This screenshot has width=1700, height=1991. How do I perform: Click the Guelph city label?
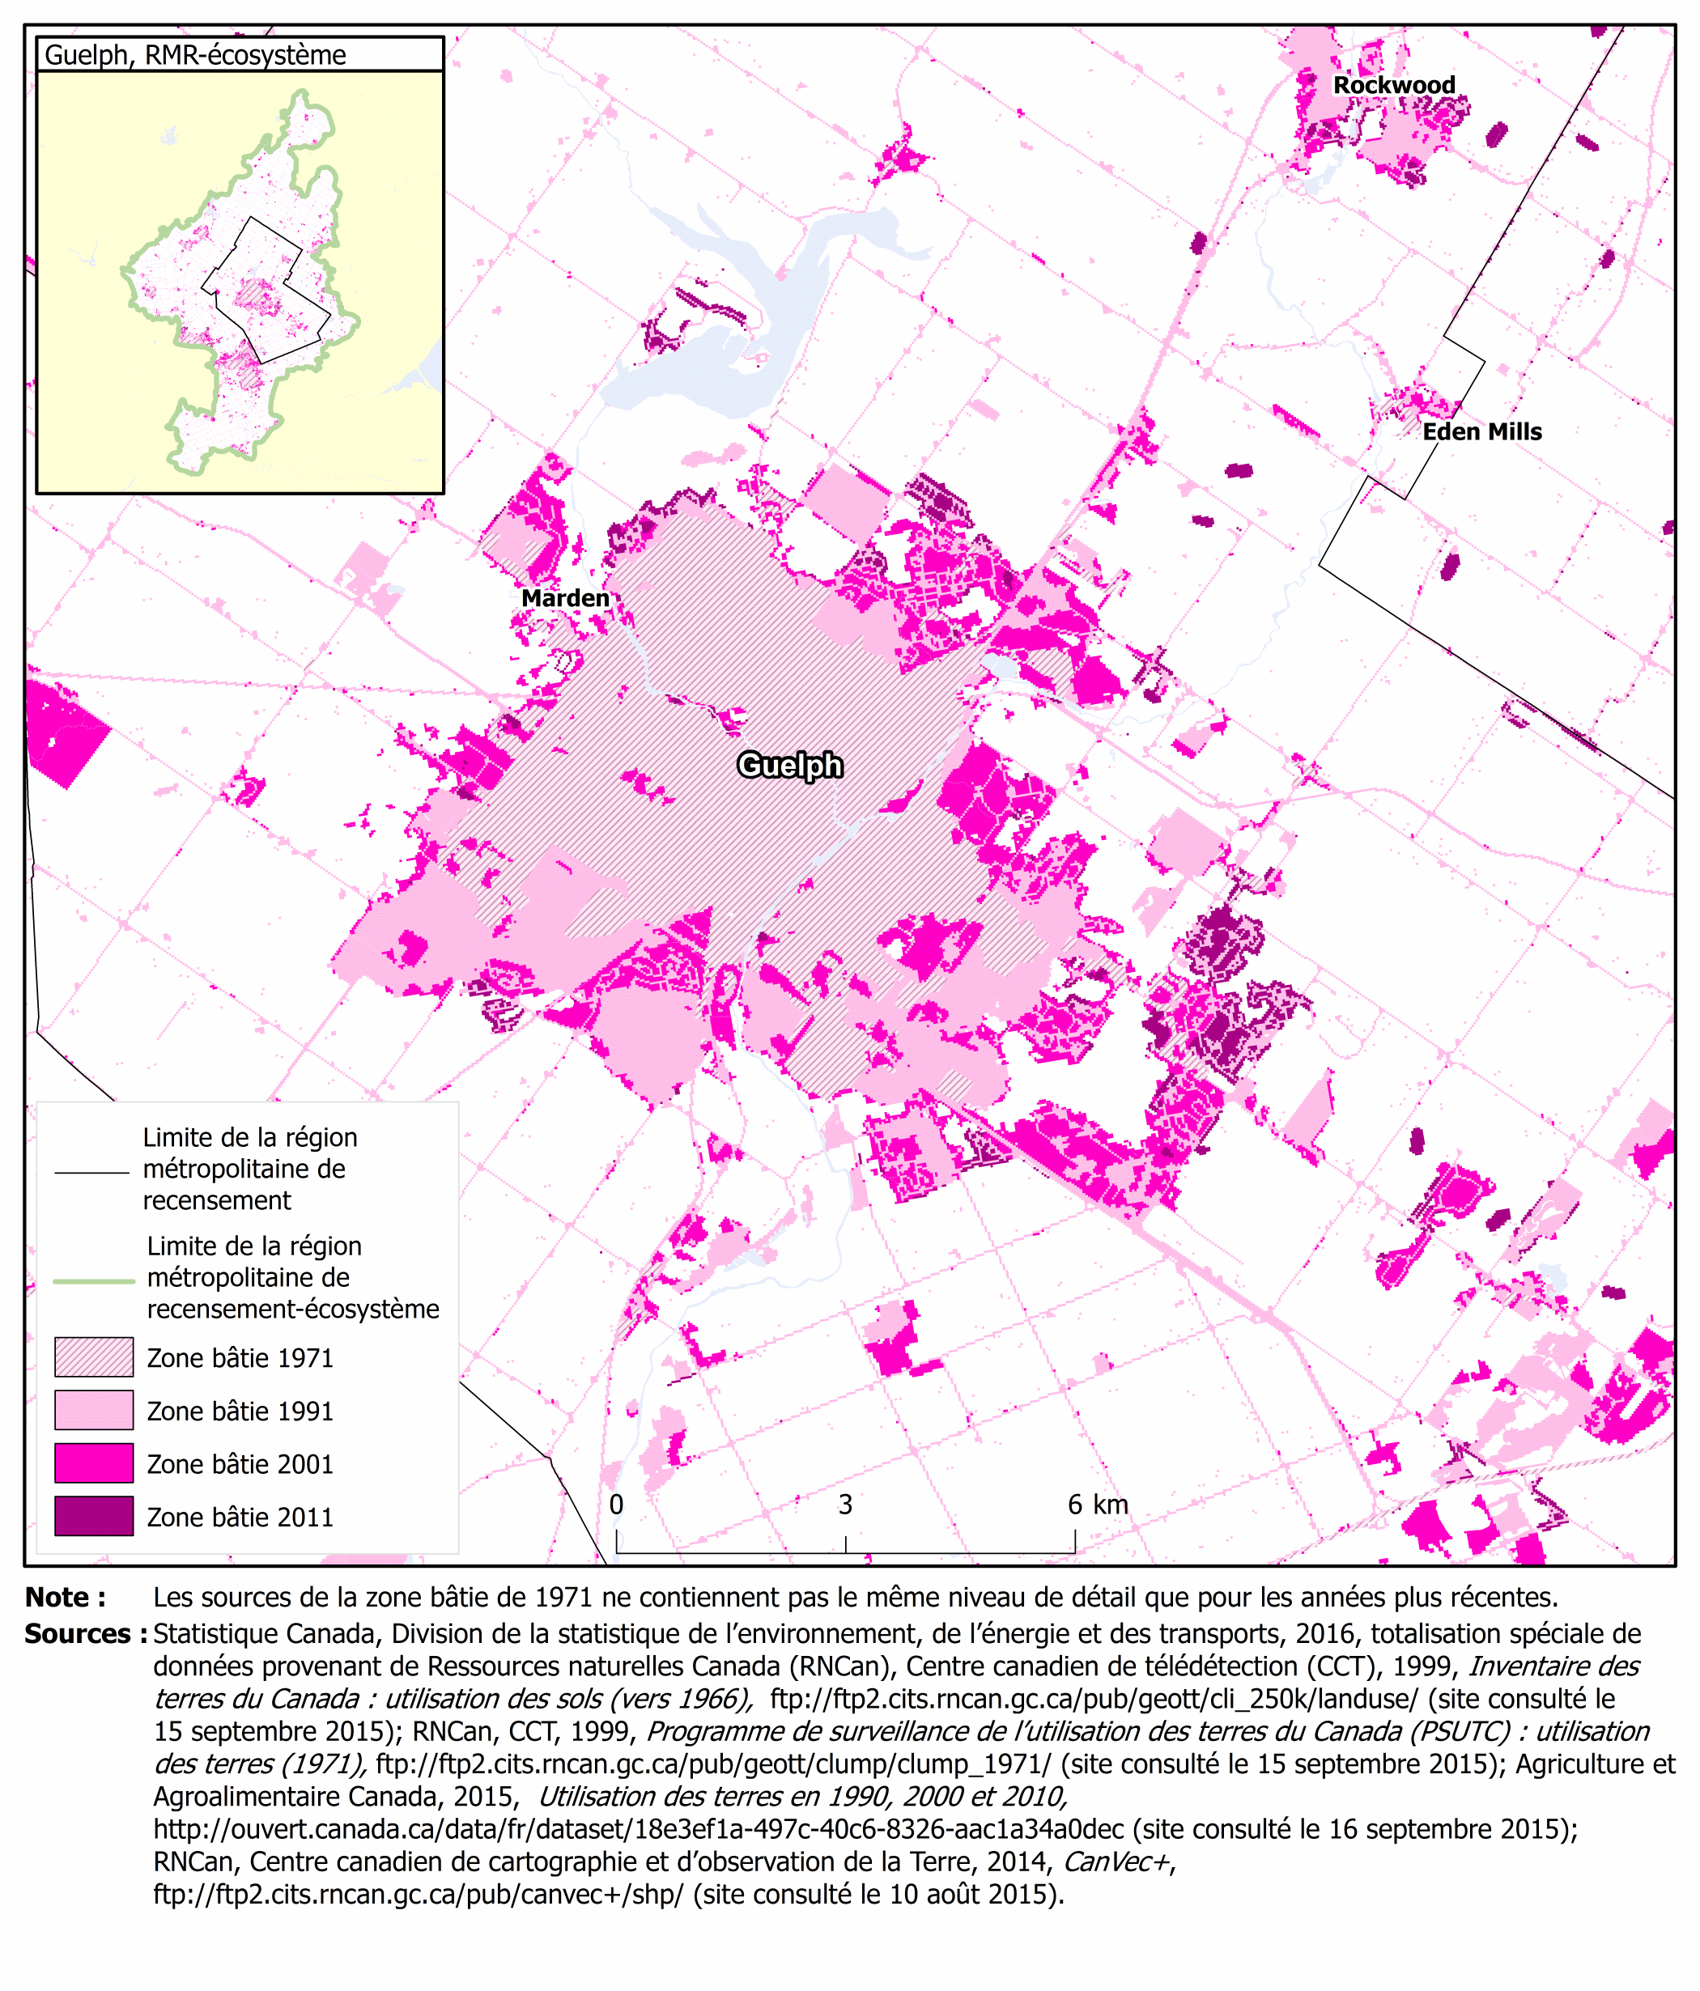789,765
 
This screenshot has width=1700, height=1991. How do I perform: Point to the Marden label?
565,597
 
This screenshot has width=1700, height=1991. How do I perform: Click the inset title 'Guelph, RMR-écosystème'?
195,55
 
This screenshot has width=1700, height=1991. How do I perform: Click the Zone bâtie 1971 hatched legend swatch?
93,1356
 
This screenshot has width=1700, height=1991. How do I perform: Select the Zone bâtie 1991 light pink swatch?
93,1410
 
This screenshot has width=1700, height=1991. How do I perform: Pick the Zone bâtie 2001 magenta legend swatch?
93,1462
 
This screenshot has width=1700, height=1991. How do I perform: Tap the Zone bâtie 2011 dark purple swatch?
93,1515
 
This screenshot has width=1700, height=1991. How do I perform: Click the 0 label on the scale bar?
616,1504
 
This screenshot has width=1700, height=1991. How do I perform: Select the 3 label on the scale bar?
844,1504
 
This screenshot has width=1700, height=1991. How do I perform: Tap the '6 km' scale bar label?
1098,1504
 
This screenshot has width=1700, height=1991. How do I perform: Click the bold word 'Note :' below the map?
66,1597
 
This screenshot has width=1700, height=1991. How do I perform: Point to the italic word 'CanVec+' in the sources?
1116,1862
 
